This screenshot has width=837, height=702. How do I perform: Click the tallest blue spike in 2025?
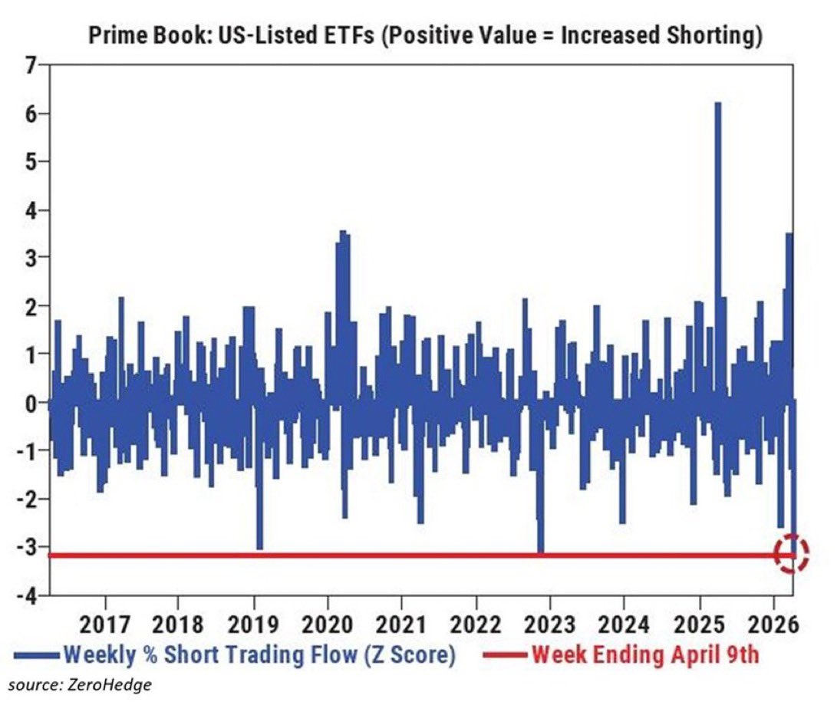[x=718, y=107]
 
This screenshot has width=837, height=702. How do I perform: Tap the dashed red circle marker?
[x=791, y=552]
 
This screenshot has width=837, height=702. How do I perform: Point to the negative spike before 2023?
[x=541, y=549]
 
